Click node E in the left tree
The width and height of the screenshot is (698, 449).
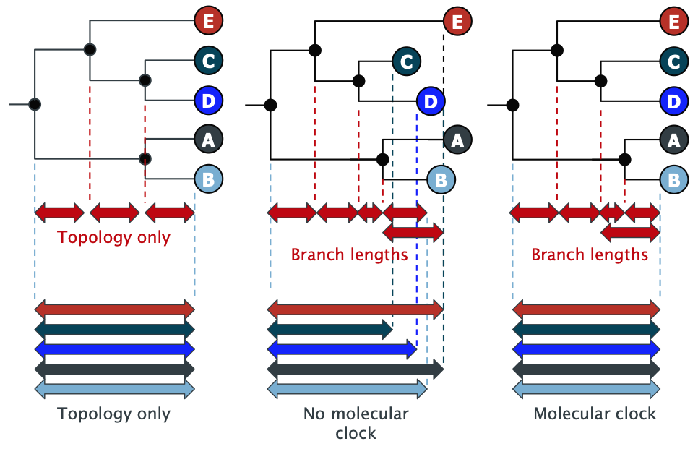click(x=208, y=22)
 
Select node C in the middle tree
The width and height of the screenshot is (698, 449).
click(x=407, y=61)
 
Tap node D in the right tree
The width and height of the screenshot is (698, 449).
click(x=673, y=101)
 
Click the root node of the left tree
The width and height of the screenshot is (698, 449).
click(x=34, y=105)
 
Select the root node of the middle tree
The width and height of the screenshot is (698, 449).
click(x=270, y=106)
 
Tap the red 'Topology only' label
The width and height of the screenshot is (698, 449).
click(x=114, y=237)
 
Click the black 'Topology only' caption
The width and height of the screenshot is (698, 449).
click(x=114, y=414)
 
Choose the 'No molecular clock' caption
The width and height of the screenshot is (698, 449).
click(x=356, y=423)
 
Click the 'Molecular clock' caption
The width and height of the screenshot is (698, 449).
click(x=595, y=414)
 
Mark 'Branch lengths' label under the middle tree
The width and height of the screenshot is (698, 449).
click(x=349, y=255)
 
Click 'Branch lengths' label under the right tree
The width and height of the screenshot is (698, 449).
click(x=590, y=255)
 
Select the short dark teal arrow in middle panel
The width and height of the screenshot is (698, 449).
click(x=329, y=330)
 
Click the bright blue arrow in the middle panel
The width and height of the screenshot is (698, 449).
click(x=342, y=350)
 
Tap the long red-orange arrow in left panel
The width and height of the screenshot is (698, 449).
click(x=114, y=309)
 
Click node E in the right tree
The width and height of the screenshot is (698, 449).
click(x=673, y=22)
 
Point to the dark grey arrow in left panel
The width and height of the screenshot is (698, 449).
click(x=114, y=369)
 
